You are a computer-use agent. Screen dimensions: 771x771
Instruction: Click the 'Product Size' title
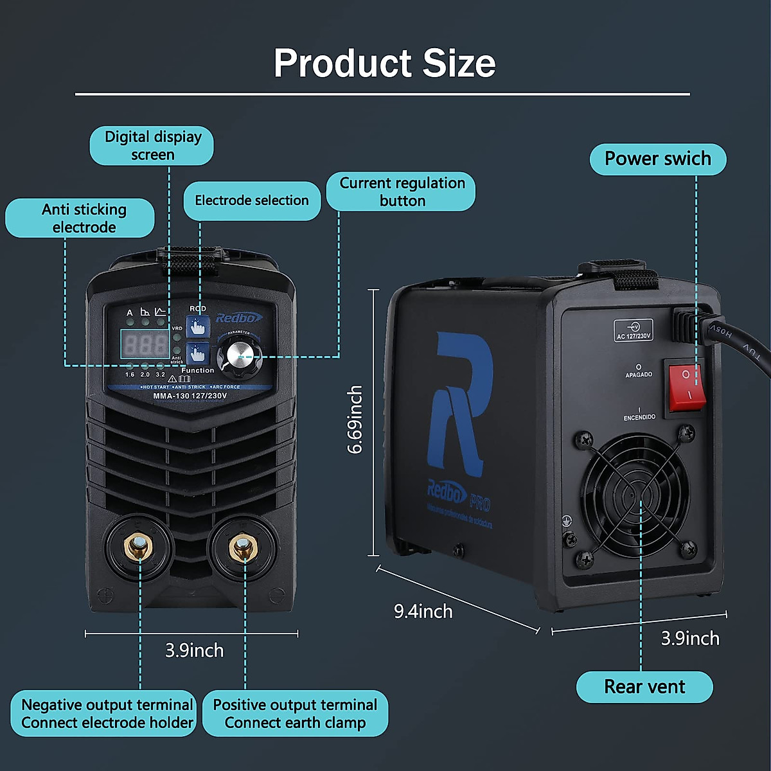(x=384, y=63)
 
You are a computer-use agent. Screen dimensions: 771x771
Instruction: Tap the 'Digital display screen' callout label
(x=152, y=146)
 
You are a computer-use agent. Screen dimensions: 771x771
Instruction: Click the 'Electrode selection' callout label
(x=252, y=200)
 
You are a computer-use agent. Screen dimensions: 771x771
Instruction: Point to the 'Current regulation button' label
(x=402, y=191)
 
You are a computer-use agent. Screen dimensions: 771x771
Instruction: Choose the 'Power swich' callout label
(x=657, y=159)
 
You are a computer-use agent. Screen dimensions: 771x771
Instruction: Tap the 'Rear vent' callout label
(x=644, y=687)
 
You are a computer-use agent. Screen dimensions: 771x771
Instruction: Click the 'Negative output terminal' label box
(x=106, y=713)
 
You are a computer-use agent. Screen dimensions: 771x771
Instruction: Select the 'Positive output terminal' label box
(x=295, y=713)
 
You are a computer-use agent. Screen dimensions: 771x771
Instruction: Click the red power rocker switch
(x=687, y=385)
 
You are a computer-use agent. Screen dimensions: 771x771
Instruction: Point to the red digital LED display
(x=145, y=344)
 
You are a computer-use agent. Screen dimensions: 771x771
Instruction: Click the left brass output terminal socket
(x=139, y=547)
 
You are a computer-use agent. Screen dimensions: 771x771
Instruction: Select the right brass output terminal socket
(x=243, y=548)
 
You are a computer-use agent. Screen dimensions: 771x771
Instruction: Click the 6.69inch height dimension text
(x=355, y=420)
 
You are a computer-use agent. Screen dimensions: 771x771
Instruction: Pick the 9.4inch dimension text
(x=423, y=611)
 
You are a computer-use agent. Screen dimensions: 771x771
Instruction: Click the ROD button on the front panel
(x=197, y=325)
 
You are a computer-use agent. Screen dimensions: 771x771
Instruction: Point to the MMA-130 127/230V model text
(x=190, y=396)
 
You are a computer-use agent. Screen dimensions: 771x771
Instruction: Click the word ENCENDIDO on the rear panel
(x=639, y=417)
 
